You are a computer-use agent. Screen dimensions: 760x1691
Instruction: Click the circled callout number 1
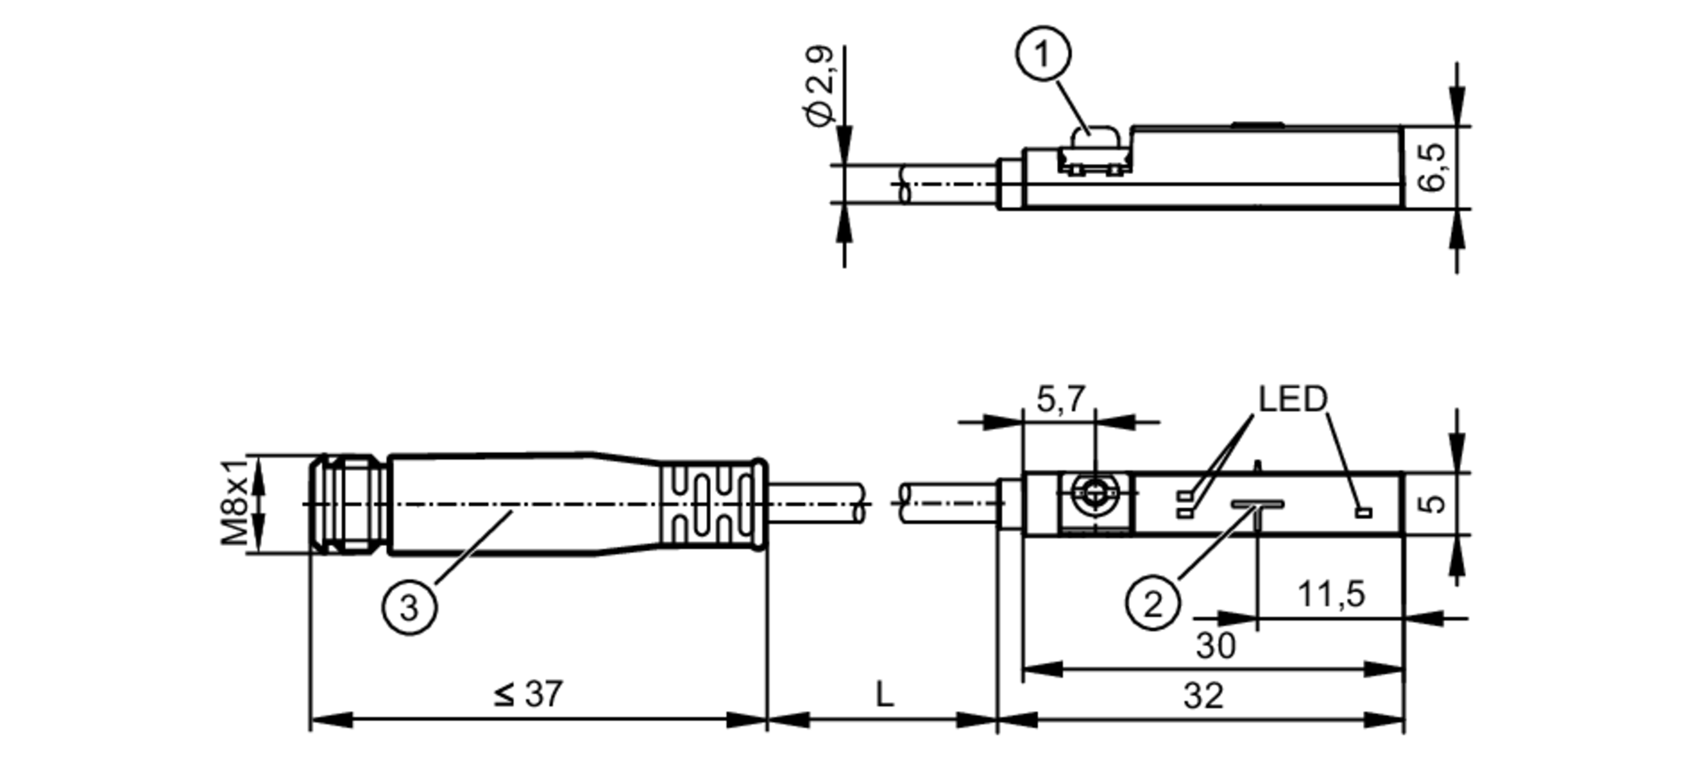[1043, 54]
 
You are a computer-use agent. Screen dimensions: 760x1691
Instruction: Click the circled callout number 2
[1152, 604]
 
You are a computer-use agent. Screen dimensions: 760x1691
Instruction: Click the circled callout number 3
[409, 607]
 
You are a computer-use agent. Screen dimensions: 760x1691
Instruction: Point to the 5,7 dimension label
[1060, 399]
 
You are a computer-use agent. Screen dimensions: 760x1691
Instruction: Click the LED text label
[1293, 398]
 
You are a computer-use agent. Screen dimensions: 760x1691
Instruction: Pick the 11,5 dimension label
[1331, 594]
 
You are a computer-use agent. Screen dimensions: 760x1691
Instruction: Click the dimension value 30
[1216, 646]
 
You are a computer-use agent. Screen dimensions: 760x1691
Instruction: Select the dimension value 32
[1203, 696]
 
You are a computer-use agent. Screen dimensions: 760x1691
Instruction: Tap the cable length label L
[884, 695]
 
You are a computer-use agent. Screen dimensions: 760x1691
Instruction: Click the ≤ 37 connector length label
[528, 694]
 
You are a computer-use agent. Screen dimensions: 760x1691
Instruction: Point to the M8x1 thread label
[236, 502]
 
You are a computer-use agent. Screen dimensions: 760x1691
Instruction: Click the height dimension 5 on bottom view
[1431, 503]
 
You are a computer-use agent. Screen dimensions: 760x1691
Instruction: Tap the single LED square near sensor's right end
[1362, 511]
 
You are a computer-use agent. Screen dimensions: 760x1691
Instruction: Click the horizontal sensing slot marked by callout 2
[1257, 504]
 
